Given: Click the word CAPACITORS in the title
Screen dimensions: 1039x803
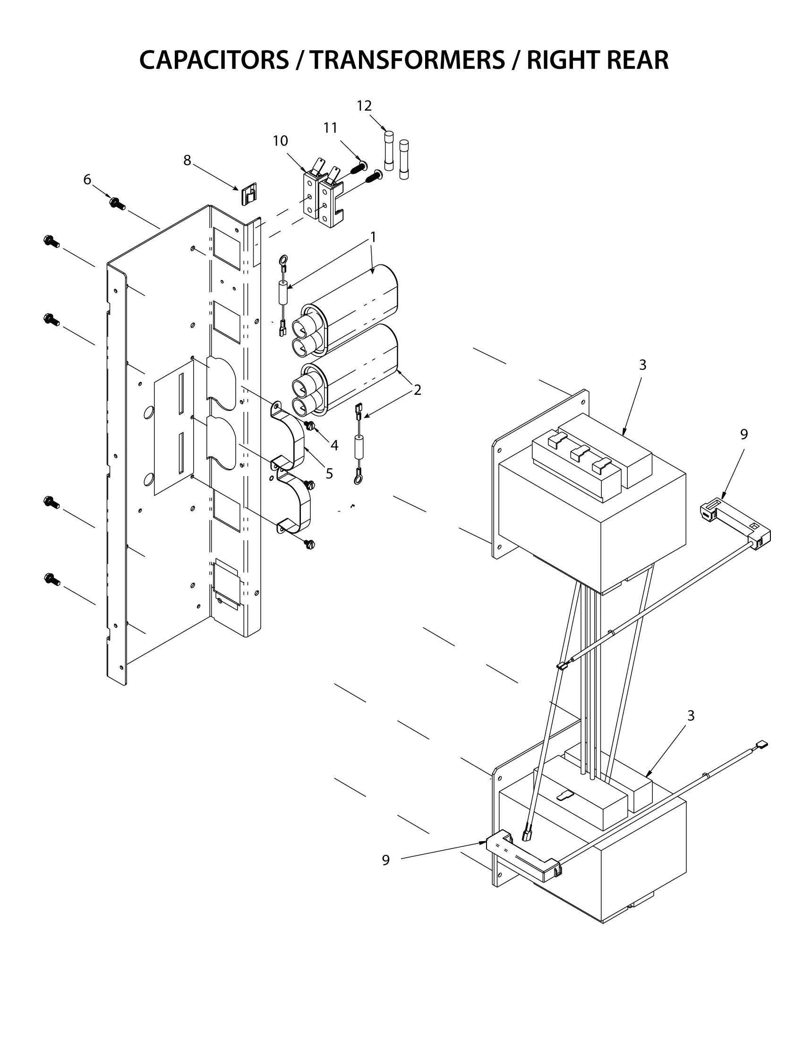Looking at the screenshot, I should click(x=214, y=60).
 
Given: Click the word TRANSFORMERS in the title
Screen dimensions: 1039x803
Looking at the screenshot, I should click(x=408, y=60).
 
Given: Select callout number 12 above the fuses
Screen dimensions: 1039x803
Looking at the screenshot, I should click(x=364, y=106).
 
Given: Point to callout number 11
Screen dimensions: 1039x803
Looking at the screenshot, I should click(x=330, y=128).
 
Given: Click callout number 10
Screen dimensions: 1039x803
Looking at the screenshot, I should click(x=280, y=141).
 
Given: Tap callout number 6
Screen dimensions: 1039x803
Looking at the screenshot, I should click(x=87, y=179).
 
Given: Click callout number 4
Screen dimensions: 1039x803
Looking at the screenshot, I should click(x=334, y=445).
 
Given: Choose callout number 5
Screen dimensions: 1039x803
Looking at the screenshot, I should click(x=329, y=473).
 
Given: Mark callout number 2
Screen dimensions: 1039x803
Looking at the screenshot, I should click(x=417, y=390).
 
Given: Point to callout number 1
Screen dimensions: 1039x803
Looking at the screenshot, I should click(x=374, y=237).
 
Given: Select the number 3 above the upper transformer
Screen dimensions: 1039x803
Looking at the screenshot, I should click(x=642, y=365).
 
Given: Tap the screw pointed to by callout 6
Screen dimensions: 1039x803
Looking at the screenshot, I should click(x=116, y=204).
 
